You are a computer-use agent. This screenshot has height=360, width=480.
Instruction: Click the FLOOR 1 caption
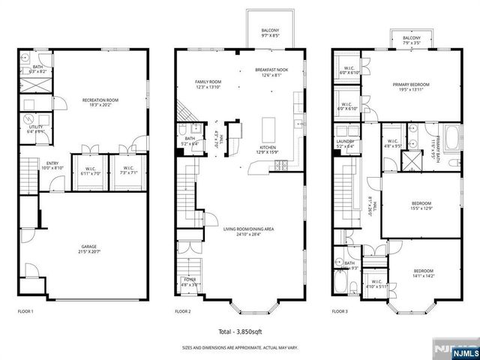[25, 310]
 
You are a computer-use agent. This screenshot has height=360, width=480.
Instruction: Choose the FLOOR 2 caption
[183, 310]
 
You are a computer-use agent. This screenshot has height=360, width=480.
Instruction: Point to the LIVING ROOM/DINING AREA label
[247, 229]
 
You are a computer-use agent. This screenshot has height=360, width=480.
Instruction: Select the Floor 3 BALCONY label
[411, 38]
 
